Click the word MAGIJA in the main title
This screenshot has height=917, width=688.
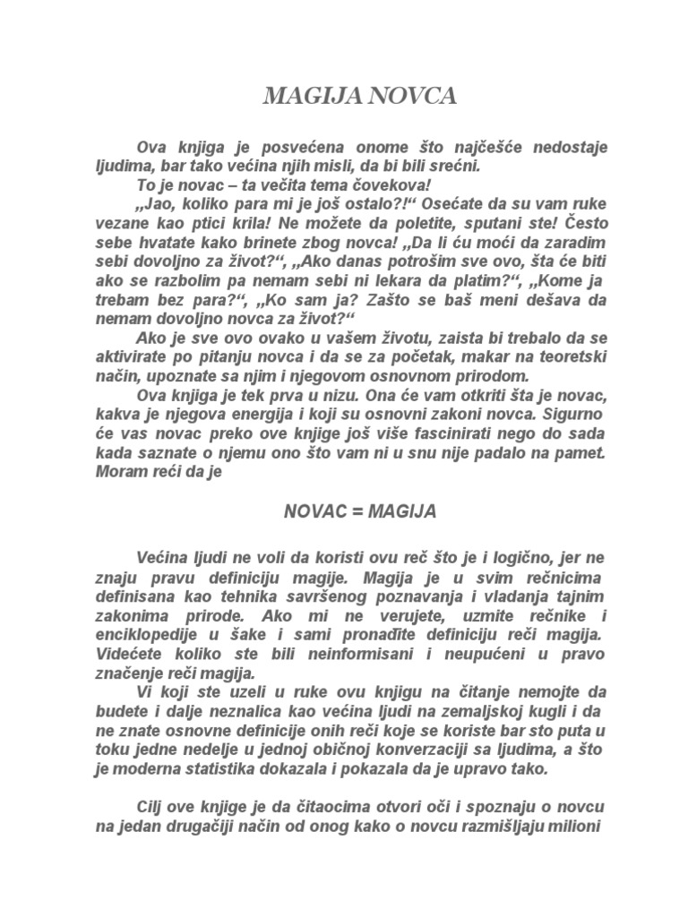tap(303, 97)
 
